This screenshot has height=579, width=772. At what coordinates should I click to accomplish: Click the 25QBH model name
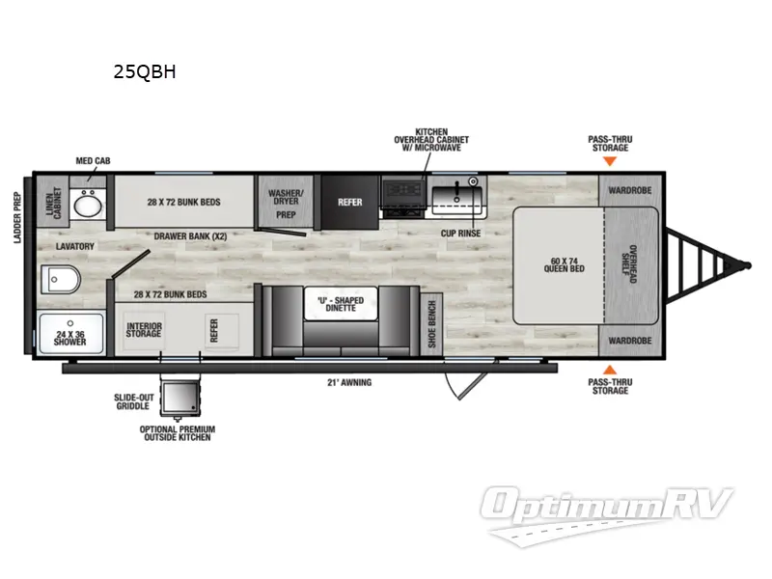[144, 70]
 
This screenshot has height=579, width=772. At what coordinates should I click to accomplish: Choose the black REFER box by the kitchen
[348, 203]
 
